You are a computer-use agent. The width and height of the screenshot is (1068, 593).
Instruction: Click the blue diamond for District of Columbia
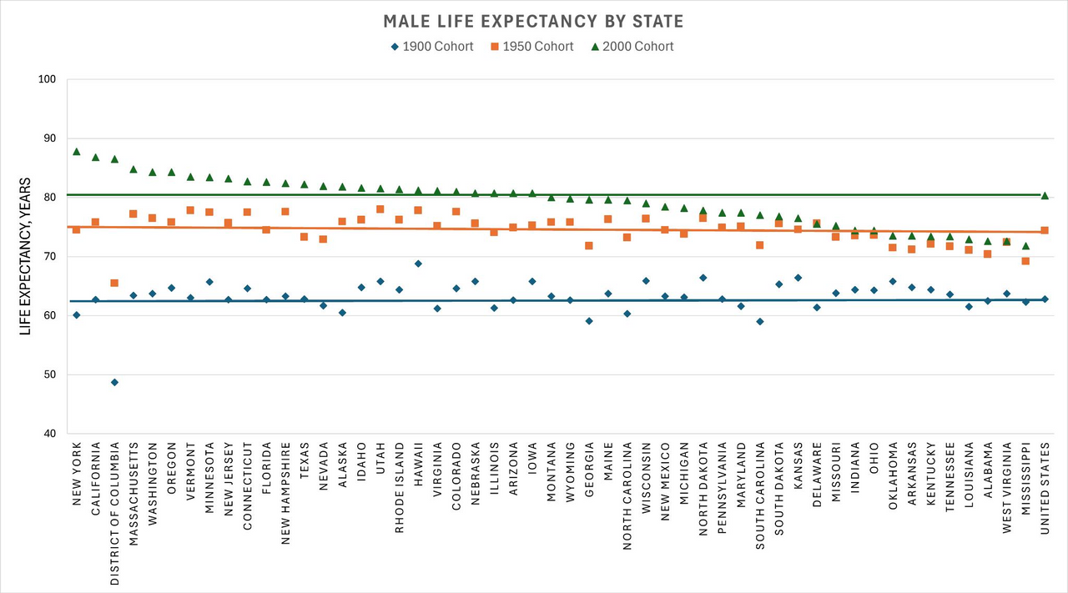coord(114,383)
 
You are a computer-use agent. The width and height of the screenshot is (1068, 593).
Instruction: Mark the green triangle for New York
coord(77,152)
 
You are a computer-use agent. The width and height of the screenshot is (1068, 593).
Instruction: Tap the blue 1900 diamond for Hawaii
coord(418,264)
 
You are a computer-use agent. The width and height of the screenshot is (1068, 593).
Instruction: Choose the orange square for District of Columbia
coord(114,284)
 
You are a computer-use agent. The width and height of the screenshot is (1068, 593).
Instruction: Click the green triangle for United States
coord(1045,195)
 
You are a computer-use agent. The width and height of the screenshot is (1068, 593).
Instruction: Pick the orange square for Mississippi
coord(1025,261)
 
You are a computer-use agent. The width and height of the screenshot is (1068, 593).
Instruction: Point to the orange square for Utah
coord(380,209)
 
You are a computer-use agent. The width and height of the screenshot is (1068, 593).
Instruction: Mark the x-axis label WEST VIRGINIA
coord(1007,486)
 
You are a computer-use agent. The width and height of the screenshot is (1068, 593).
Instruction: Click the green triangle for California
coord(96,157)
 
